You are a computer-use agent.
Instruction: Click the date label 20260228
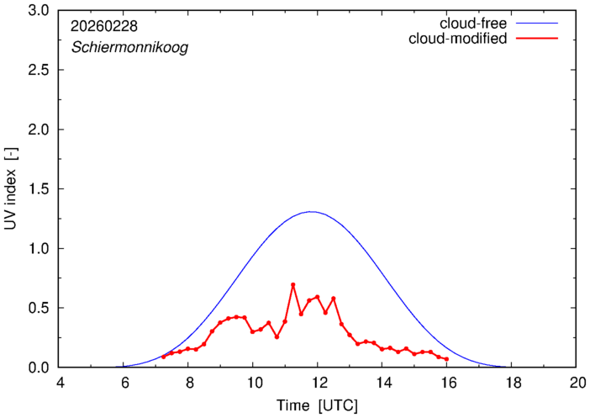click(105, 25)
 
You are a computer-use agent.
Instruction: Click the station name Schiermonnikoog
click(129, 48)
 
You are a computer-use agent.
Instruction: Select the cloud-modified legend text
click(457, 40)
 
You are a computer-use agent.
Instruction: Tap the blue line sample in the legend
click(538, 24)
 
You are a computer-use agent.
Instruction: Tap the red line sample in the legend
click(538, 40)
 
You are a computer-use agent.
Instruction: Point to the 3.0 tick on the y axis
click(39, 11)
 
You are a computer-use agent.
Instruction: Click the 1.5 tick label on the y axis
click(39, 189)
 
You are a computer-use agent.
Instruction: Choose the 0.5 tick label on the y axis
click(39, 308)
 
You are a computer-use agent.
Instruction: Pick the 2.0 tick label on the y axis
click(39, 130)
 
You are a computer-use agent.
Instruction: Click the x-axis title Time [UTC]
click(318, 405)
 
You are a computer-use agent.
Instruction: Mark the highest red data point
click(293, 285)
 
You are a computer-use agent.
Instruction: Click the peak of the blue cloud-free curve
click(311, 212)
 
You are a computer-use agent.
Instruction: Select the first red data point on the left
click(164, 357)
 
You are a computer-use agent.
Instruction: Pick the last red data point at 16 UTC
click(446, 359)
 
